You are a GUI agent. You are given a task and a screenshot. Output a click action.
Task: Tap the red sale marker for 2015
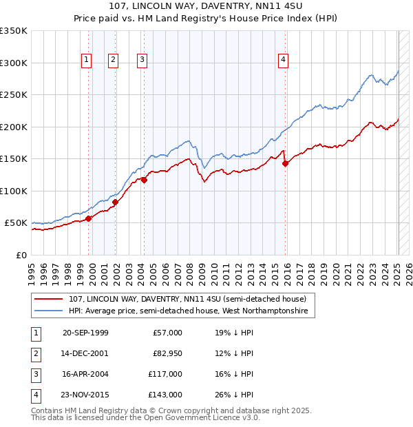coord(286,163)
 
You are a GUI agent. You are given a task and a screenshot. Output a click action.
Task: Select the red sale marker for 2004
coord(144,180)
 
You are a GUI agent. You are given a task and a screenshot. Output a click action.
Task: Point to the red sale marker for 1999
coord(89,218)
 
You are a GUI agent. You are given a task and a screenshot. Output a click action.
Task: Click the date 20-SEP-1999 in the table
coord(85,333)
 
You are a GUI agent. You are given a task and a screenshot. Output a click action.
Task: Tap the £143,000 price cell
coord(165,395)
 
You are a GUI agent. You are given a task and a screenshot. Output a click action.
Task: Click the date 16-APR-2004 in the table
coord(85,374)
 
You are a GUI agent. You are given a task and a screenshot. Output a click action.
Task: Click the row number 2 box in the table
coord(34,353)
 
